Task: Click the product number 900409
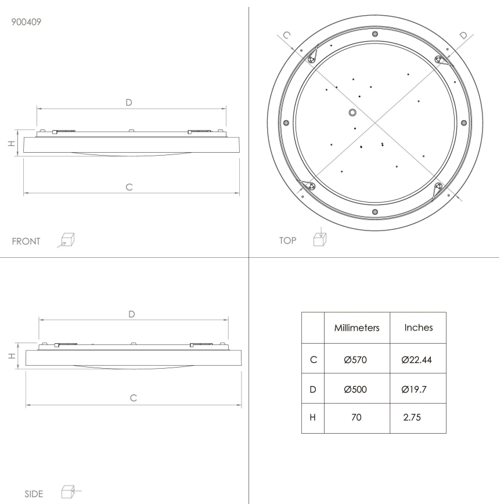click(26, 22)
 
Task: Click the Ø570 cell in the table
click(355, 359)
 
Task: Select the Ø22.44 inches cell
click(416, 359)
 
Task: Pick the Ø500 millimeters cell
click(355, 390)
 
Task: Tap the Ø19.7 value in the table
click(413, 390)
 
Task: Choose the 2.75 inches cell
click(412, 417)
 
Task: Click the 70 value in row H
click(356, 417)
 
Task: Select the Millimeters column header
click(357, 328)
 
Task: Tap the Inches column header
click(419, 327)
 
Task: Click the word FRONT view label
click(26, 242)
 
